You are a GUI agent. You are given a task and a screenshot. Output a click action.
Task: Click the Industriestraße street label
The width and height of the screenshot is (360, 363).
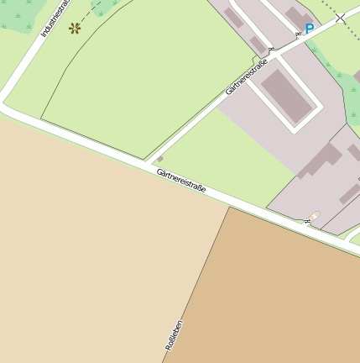pyautogui.click(x=55, y=19)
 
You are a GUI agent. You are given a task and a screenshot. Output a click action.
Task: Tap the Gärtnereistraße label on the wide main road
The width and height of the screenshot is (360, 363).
pyautogui.click(x=180, y=180)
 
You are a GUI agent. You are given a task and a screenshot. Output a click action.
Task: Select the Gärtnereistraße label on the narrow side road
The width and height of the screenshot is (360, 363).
pyautogui.click(x=247, y=76)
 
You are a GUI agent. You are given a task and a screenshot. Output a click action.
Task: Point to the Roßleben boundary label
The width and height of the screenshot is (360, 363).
pyautogui.click(x=174, y=334)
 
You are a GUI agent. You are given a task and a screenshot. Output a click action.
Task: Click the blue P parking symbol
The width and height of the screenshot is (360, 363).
pyautogui.click(x=309, y=29)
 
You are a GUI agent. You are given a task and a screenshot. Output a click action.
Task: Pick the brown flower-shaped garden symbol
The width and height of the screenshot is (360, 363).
pyautogui.click(x=75, y=28)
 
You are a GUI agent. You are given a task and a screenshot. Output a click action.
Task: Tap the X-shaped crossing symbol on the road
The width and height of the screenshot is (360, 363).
pyautogui.click(x=340, y=17)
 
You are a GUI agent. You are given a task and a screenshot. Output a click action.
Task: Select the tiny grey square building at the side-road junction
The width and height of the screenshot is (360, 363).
pyautogui.click(x=159, y=159)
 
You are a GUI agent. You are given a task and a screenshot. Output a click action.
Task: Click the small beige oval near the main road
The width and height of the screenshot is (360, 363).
pyautogui.click(x=316, y=216)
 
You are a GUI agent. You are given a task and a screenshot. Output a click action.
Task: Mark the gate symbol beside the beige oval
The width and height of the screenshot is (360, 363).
pyautogui.click(x=308, y=222)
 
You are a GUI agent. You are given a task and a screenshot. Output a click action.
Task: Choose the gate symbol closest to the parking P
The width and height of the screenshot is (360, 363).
pyautogui.click(x=297, y=34)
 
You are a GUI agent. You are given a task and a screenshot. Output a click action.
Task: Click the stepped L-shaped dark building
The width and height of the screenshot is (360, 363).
pyautogui.click(x=320, y=160)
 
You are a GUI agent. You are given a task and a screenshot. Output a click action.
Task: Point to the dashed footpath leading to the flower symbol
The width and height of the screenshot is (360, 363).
pyautogui.click(x=97, y=12)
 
